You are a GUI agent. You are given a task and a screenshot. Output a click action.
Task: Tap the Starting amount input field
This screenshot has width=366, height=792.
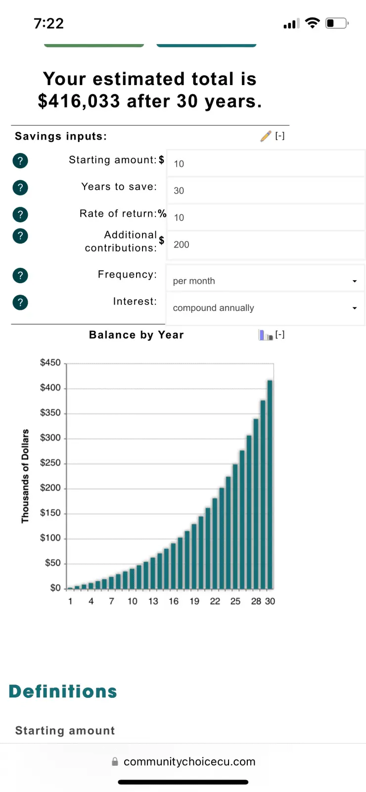point(266,163)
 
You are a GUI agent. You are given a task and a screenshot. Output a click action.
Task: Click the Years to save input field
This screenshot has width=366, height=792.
point(266,191)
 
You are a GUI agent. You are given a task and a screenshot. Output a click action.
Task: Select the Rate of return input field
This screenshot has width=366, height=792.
point(266,217)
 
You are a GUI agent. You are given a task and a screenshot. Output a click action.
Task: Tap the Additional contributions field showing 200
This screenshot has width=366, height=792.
point(266,245)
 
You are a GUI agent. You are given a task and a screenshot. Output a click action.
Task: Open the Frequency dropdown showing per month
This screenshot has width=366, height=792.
point(265,281)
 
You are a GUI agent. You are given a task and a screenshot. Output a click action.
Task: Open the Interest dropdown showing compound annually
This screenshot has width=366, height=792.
point(265,308)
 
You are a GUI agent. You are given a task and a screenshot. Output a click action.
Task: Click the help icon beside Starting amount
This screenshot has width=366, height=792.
point(20,160)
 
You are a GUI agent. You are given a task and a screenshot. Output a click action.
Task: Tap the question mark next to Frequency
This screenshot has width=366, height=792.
point(20,275)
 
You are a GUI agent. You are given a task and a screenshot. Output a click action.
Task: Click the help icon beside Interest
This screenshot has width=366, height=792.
point(20,302)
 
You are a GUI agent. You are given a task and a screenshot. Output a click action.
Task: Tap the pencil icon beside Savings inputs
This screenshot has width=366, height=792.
point(266,136)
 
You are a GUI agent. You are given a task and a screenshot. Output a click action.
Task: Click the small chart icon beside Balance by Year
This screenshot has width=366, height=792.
point(266,335)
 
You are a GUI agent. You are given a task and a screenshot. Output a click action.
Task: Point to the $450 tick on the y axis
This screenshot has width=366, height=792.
point(50,363)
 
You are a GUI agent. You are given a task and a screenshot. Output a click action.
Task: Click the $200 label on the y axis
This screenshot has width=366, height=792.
point(50,488)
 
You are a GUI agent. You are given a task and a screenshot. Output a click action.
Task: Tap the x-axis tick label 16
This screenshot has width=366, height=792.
point(174,601)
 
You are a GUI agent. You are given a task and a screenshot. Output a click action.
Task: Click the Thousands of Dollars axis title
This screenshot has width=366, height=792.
point(25,476)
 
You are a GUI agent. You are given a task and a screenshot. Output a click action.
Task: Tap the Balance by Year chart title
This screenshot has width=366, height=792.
point(137,335)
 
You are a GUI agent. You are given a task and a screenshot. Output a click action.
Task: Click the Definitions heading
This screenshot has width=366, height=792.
point(63,692)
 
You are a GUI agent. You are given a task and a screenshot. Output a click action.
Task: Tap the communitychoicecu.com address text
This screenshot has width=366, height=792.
point(189,762)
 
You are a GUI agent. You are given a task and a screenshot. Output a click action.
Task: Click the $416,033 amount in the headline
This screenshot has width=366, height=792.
point(79,101)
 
